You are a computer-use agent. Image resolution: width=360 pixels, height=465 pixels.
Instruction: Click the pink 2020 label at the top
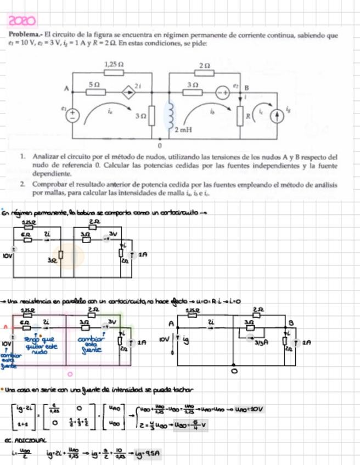[22, 21]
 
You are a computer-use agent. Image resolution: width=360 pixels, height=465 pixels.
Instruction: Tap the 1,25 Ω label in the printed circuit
[113, 64]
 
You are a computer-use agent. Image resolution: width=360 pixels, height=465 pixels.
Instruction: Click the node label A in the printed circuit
[66, 88]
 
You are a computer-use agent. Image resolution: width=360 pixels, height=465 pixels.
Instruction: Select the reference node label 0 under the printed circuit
[160, 146]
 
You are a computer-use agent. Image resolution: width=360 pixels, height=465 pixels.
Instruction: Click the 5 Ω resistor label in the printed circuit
[94, 84]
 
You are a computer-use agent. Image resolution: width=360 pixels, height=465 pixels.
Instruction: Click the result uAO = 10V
[252, 409]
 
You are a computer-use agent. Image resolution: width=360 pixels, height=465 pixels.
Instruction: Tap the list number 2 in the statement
[23, 185]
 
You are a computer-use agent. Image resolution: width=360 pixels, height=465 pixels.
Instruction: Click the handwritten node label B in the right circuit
[291, 323]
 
